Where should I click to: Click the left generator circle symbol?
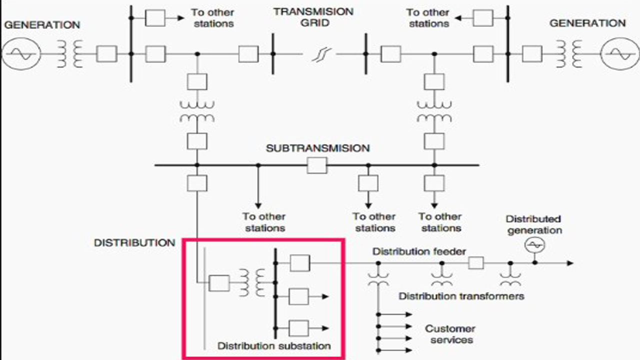pyautogui.click(x=21, y=53)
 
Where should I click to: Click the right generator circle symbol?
pyautogui.click(x=618, y=53)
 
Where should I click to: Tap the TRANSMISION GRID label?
pyautogui.click(x=313, y=17)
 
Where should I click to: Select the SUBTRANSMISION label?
pyautogui.click(x=317, y=148)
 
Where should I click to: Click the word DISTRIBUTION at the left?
pyautogui.click(x=134, y=243)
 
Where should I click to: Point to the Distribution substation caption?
pyautogui.click(x=274, y=345)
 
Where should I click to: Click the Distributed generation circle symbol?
pyautogui.click(x=534, y=245)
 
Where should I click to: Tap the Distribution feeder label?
pyautogui.click(x=419, y=251)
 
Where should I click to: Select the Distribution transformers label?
pyautogui.click(x=461, y=296)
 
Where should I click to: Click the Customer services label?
pyautogui.click(x=449, y=334)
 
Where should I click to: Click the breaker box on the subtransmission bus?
pyautogui.click(x=317, y=165)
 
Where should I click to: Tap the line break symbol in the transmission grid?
pyautogui.click(x=318, y=53)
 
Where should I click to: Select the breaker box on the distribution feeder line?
pyautogui.click(x=476, y=263)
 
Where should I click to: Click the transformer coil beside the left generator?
pyautogui.click(x=70, y=53)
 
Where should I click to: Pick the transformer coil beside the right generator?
pyautogui.click(x=570, y=53)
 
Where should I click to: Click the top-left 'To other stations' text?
pyautogui.click(x=212, y=17)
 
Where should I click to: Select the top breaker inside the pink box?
pyautogui.click(x=299, y=262)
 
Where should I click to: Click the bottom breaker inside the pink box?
pyautogui.click(x=299, y=328)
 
